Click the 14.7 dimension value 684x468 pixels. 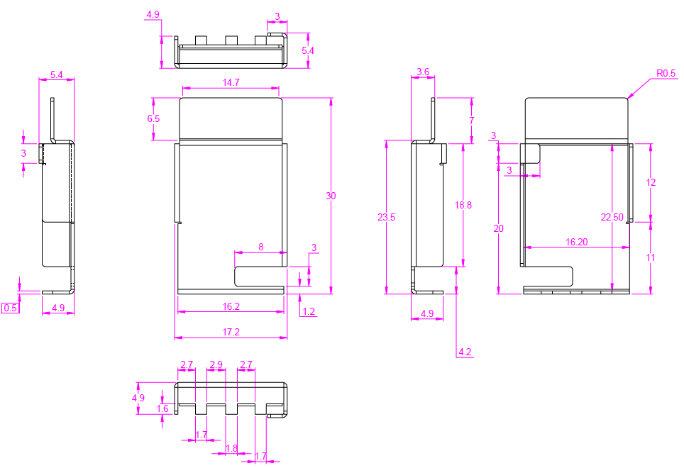coord(231,83)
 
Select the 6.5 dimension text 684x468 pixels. coord(153,118)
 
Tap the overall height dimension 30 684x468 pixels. coord(331,196)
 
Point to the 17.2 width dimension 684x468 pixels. coord(231,332)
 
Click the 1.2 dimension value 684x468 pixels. coord(309,311)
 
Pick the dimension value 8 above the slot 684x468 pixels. coord(260,247)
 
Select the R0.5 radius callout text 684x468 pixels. coord(666,73)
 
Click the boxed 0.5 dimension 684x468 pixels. coord(11,308)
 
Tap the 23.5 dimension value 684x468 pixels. coord(387,218)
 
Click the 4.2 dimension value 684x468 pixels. coord(465,352)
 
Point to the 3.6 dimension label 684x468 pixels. coord(423,72)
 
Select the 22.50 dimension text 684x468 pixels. coord(612,218)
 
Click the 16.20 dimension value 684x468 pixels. coord(576,242)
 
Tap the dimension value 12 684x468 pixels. coord(651,182)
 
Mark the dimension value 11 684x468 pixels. coord(651,258)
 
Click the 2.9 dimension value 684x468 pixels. coord(216,365)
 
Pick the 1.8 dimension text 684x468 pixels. coord(231,448)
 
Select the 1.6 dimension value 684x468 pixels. coord(162,409)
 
